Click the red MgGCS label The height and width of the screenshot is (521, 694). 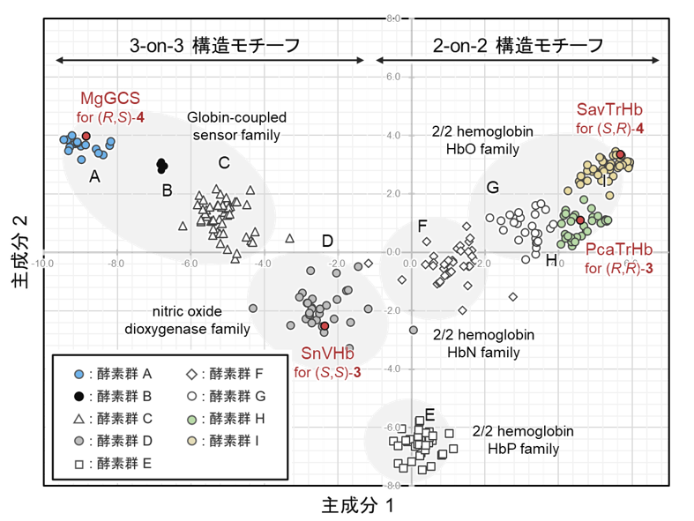(110, 97)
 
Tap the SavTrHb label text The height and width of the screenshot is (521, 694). (609, 109)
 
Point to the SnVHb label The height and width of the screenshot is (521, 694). (326, 354)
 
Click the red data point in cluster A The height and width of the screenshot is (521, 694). (86, 136)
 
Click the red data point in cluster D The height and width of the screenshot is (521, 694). (325, 326)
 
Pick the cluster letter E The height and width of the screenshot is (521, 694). (429, 415)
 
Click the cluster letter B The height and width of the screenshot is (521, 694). (166, 190)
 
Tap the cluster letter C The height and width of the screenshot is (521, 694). (224, 162)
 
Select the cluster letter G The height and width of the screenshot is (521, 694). (493, 187)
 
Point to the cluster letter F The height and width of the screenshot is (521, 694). (422, 225)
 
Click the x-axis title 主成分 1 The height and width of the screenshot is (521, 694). (355, 505)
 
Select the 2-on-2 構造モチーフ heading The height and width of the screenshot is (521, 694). (519, 45)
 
